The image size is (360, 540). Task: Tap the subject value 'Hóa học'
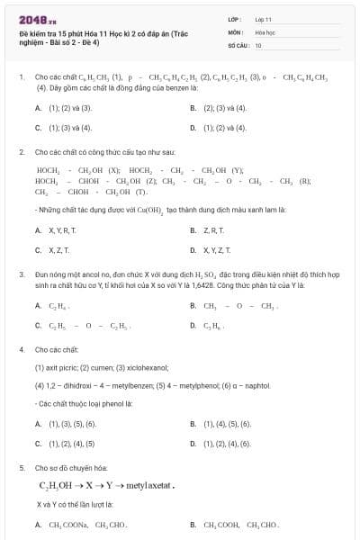pyautogui.click(x=265, y=31)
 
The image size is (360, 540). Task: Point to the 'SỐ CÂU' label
pyautogui.click(x=238, y=44)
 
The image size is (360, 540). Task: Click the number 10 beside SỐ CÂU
pyautogui.click(x=258, y=44)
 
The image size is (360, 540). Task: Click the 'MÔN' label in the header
pyautogui.click(x=235, y=31)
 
